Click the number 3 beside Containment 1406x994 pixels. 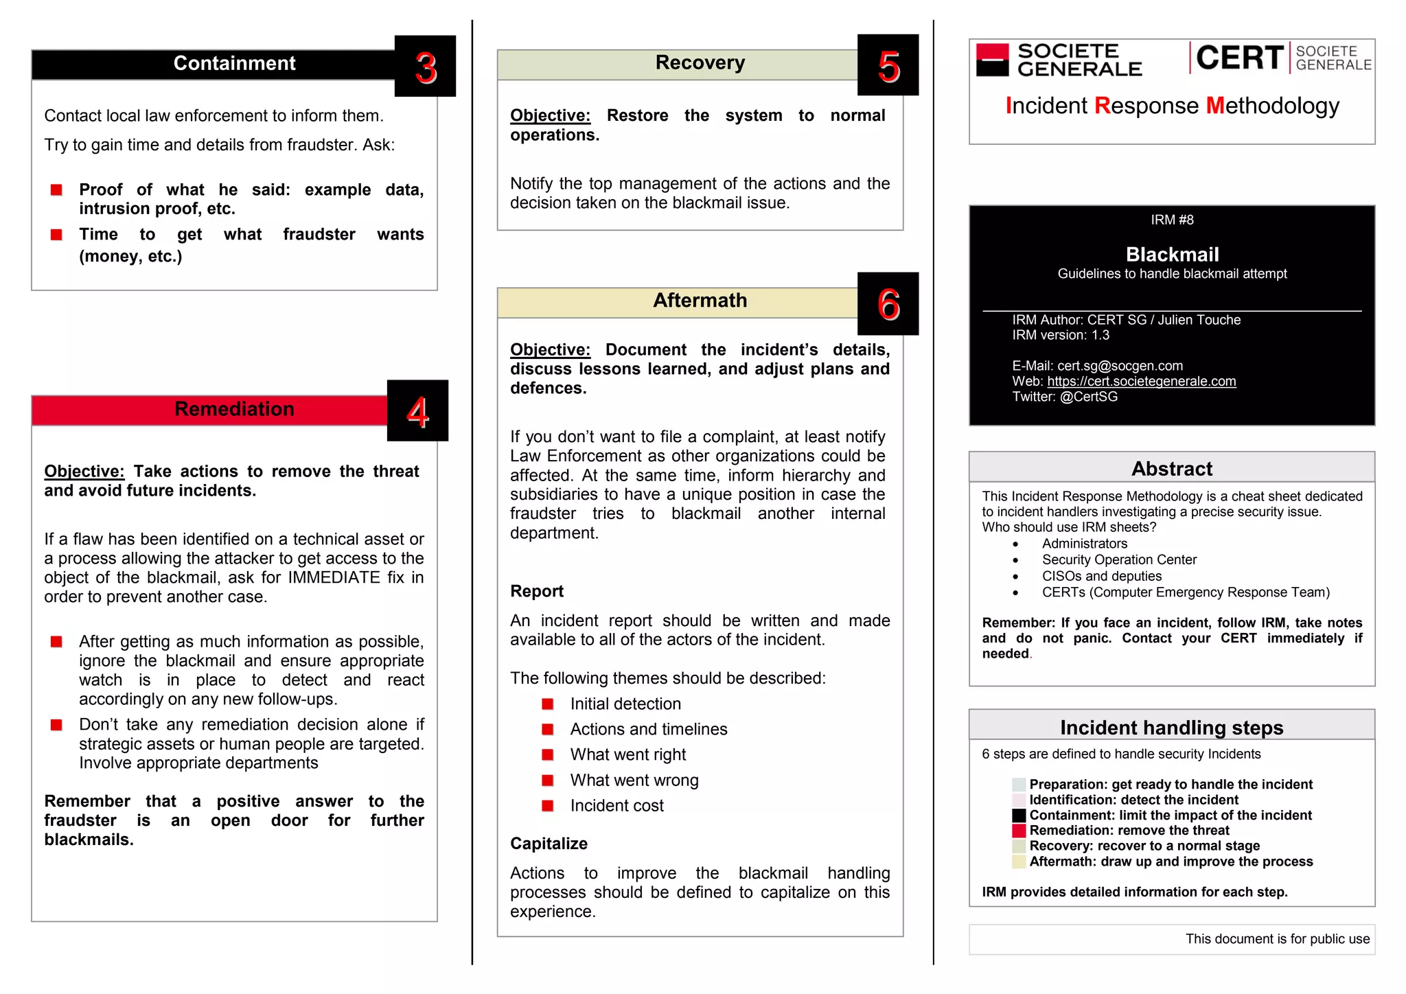click(x=425, y=67)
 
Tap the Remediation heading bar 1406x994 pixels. click(x=233, y=409)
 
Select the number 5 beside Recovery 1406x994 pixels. click(x=888, y=67)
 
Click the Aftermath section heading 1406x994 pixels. click(x=699, y=301)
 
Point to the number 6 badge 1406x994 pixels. click(x=888, y=304)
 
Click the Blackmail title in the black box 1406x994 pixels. click(x=1171, y=255)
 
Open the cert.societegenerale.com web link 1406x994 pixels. click(x=1141, y=382)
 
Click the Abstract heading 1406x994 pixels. click(x=1171, y=469)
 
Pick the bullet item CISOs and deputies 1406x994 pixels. click(x=1101, y=576)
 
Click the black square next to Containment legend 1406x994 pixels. click(x=1018, y=816)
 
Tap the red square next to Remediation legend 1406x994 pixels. click(x=1018, y=831)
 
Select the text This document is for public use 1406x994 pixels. click(x=1277, y=939)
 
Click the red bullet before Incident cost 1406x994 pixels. click(x=547, y=806)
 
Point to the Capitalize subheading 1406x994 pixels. click(x=549, y=844)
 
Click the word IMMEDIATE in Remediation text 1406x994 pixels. click(x=334, y=577)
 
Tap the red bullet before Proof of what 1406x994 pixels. click(x=57, y=190)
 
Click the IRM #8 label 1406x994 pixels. click(x=1171, y=220)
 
